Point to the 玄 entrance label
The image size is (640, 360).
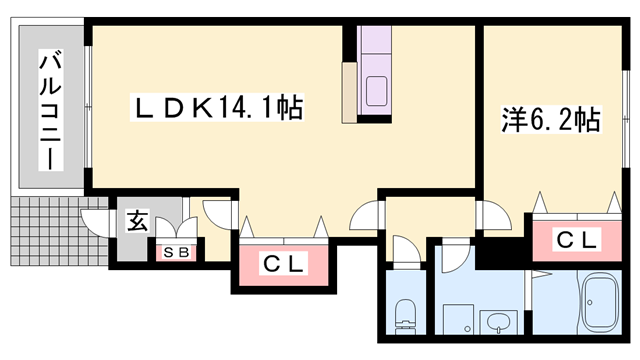point(137,222)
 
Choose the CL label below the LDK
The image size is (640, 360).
point(284,264)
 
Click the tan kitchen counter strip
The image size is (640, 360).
point(349,93)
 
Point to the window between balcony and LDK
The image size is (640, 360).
point(88,110)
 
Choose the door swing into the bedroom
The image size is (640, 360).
point(492,214)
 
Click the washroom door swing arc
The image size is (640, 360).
point(451,253)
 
